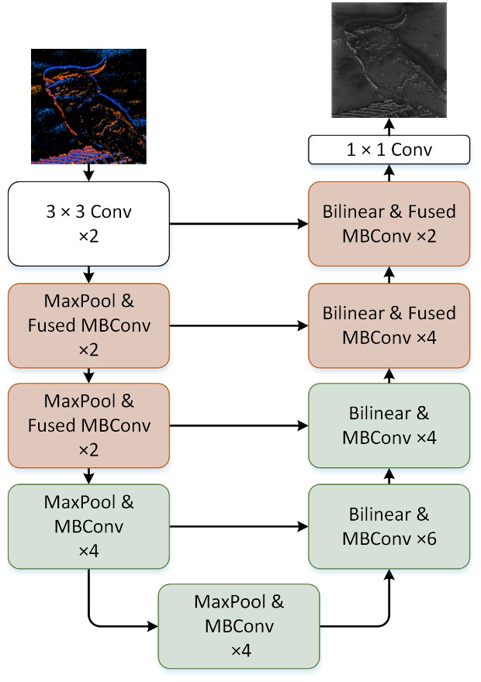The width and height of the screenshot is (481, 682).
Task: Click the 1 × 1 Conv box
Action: [x=389, y=150]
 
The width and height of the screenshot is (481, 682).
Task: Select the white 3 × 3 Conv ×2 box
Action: [x=88, y=223]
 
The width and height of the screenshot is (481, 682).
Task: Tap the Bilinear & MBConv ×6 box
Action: [x=389, y=526]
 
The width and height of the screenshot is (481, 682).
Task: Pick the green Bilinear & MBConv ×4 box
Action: [x=389, y=425]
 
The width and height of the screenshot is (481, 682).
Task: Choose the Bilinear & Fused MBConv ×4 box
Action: [x=389, y=325]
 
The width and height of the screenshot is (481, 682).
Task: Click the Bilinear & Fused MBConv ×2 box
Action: [x=389, y=223]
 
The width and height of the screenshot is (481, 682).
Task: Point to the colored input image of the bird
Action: [x=88, y=106]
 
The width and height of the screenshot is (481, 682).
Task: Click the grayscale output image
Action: [x=389, y=60]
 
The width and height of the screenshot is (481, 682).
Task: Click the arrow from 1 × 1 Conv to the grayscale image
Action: [x=389, y=127]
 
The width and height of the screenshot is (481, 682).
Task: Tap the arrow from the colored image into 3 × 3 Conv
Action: [x=88, y=173]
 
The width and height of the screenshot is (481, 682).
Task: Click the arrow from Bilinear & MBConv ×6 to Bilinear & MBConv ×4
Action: [x=389, y=476]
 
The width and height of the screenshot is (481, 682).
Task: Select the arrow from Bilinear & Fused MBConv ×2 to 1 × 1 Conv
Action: [x=389, y=173]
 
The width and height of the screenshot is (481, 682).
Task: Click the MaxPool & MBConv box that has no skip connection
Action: [x=238, y=626]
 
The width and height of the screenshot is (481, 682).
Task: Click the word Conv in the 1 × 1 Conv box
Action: [x=411, y=150]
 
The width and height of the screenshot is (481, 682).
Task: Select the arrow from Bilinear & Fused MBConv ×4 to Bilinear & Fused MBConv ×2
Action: [x=389, y=274]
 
